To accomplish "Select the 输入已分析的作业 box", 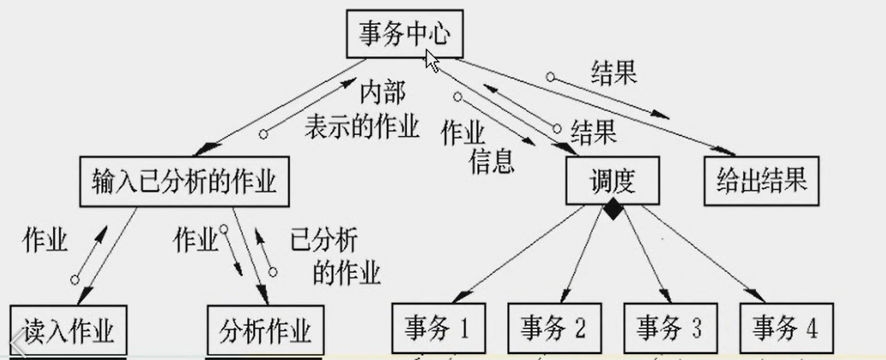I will pos(183,181).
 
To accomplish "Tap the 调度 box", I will pos(611,181).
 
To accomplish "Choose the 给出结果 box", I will pos(758,181).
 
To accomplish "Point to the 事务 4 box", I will pos(786,327).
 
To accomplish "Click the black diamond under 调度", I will pos(611,210).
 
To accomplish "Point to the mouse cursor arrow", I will pos(432,61).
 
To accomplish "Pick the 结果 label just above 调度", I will pos(594,133).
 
